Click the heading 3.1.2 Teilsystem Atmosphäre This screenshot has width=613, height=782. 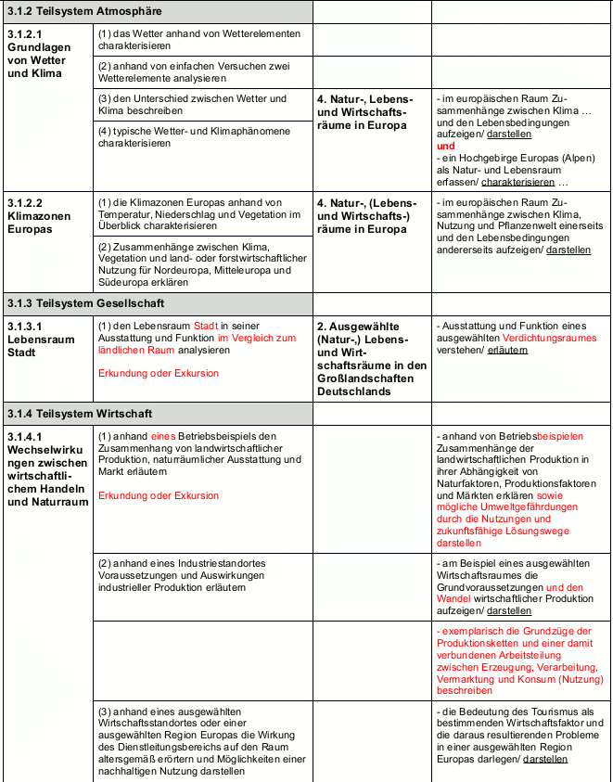(x=84, y=11)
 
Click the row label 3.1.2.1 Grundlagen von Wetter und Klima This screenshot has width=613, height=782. (x=37, y=53)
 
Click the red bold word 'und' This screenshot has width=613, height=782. (x=445, y=146)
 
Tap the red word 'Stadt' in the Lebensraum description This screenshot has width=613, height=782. (x=205, y=326)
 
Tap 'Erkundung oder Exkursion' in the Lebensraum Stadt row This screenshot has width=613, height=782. (x=159, y=373)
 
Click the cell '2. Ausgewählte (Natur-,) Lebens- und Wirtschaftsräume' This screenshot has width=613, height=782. (x=371, y=358)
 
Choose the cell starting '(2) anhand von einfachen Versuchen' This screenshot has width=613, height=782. (x=194, y=71)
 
